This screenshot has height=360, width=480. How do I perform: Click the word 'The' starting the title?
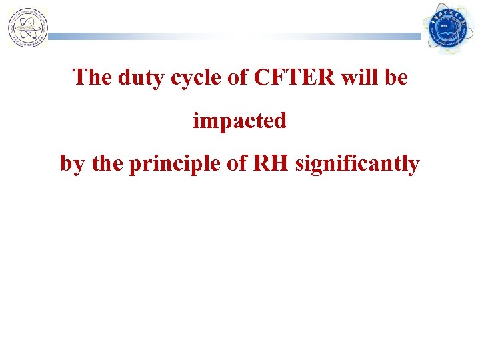[x=93, y=78]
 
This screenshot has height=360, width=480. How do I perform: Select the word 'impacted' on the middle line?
[x=239, y=121]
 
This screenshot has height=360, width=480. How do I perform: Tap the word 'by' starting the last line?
[x=73, y=165]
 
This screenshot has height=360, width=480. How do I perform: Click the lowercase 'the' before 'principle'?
[x=107, y=163]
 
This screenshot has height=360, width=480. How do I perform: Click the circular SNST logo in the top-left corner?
[x=27, y=28]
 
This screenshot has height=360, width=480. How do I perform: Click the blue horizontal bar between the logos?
[x=233, y=37]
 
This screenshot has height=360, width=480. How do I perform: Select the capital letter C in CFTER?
[x=261, y=78]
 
